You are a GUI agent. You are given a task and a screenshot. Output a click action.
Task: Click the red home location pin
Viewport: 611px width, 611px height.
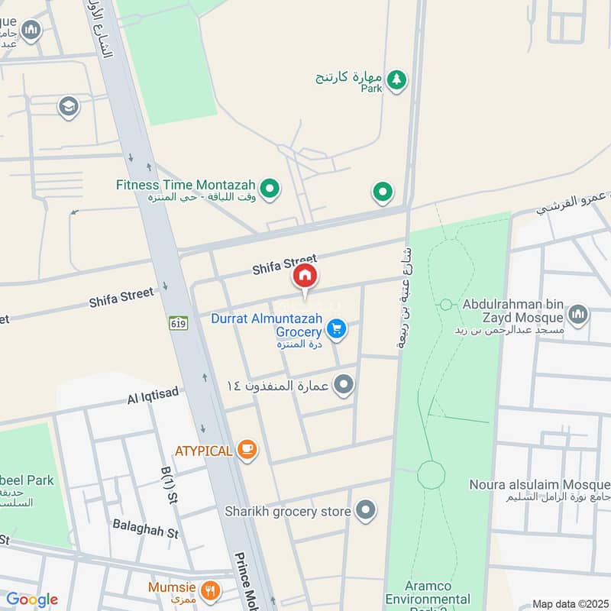[x=305, y=277]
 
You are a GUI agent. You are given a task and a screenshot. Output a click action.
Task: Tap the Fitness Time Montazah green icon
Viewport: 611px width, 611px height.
[x=269, y=187]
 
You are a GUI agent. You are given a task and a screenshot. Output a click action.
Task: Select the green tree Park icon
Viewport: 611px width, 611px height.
[x=396, y=79]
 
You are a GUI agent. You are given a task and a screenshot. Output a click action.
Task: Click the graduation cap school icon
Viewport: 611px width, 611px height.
[x=68, y=107]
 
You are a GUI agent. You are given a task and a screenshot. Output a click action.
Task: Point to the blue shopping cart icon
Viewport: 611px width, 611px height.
[x=336, y=329]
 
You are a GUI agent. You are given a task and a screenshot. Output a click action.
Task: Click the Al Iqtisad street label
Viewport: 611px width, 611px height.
[x=153, y=393]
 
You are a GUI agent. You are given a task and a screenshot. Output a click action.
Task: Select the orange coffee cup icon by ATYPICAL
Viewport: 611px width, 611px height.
[x=246, y=450]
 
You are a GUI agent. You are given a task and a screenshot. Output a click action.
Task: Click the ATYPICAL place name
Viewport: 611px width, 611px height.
[x=203, y=451]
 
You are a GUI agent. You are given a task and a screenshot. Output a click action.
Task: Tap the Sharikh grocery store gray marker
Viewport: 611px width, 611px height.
[x=367, y=511]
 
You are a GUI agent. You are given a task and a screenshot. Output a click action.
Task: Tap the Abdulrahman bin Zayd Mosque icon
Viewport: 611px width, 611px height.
[x=578, y=314]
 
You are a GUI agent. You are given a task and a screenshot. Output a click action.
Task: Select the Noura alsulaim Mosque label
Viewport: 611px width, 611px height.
[x=539, y=485]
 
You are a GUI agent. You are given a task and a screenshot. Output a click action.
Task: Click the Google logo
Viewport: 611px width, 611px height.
[x=31, y=600]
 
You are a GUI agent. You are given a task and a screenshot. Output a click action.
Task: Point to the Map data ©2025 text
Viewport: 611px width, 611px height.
[x=569, y=603]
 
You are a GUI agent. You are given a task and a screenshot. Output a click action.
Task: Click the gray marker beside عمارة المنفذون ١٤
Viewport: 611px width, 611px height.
[x=344, y=385]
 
